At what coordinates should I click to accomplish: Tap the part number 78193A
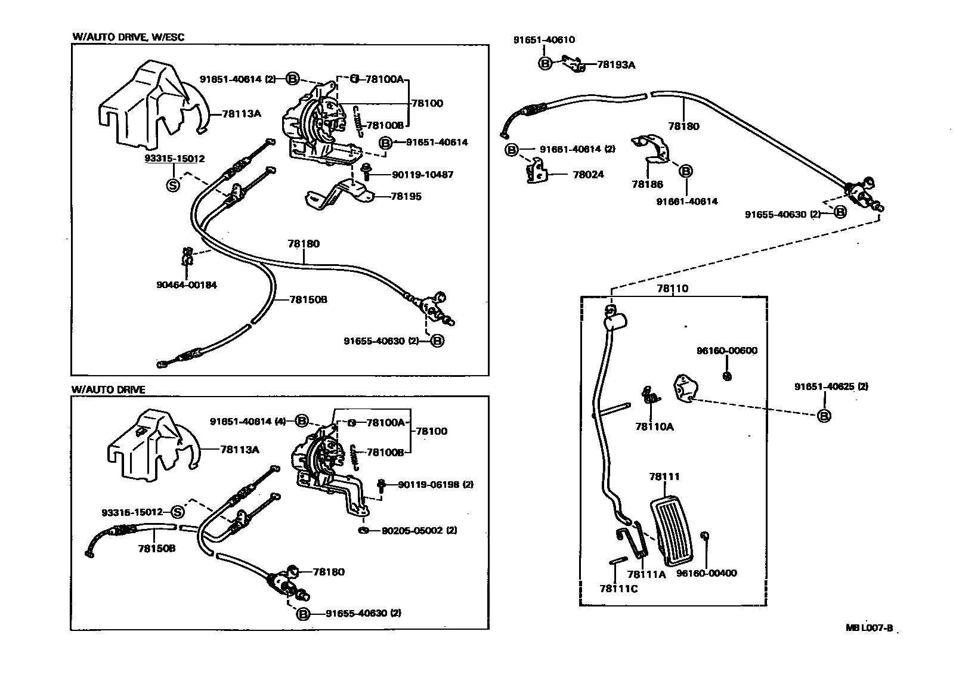coord(616,64)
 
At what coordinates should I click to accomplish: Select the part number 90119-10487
coord(423,175)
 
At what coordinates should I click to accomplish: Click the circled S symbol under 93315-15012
coord(173,185)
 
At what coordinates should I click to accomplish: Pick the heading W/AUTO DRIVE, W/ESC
coord(128,37)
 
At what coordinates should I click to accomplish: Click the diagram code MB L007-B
coord(869,628)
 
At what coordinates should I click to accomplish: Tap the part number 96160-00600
coord(727,351)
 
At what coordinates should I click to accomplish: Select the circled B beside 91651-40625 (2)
coord(824,416)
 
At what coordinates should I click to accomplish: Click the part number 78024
coord(588,174)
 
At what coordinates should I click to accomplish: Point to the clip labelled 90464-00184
coord(187,257)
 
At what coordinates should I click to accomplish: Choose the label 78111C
coord(618,589)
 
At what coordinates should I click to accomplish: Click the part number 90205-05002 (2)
coord(419,530)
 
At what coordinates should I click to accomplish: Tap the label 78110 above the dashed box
coord(673,289)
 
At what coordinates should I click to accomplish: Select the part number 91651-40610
coord(544,40)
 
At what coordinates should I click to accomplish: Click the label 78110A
coord(655,427)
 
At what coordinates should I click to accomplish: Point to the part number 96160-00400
coord(706,573)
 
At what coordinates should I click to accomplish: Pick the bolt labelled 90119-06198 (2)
coord(381,485)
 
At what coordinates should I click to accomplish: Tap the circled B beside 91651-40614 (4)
coord(302,421)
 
